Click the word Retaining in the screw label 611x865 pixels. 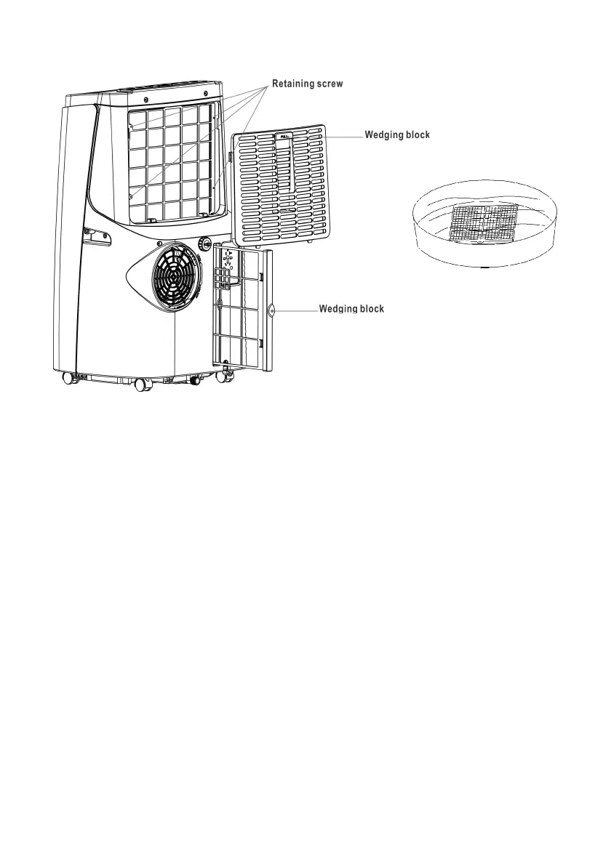(x=292, y=84)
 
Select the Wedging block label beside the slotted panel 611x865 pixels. (x=397, y=135)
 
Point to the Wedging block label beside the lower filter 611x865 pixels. (x=351, y=309)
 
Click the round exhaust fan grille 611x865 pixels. (x=175, y=277)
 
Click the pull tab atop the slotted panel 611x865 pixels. (x=282, y=135)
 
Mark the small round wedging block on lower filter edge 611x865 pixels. (x=271, y=309)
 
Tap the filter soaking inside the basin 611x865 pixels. (x=484, y=222)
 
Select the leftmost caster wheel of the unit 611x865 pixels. (x=70, y=377)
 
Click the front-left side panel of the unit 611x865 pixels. (x=73, y=240)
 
